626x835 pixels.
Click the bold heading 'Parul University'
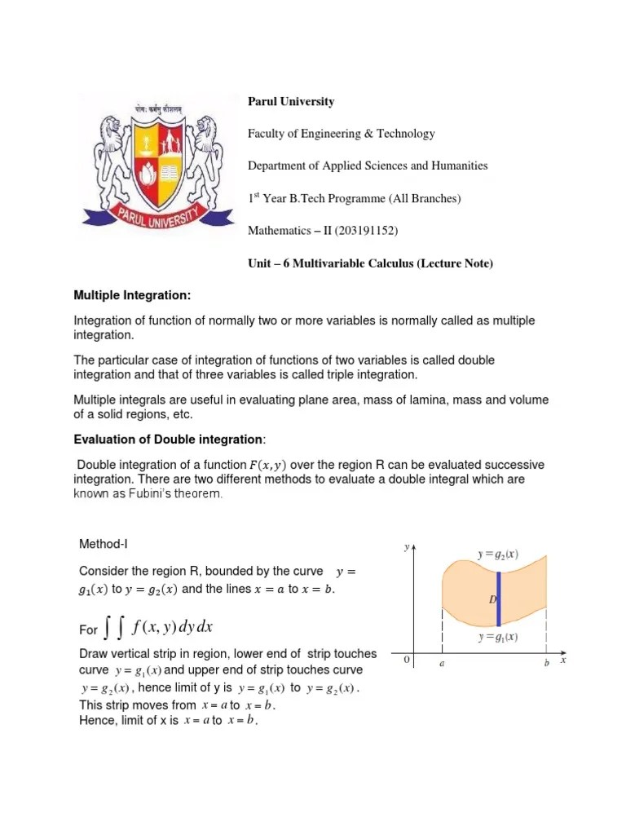point(291,102)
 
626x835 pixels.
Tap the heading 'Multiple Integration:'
point(134,294)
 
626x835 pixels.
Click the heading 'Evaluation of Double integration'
point(168,440)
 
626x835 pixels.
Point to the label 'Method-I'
point(104,544)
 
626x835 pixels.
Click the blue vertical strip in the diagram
point(498,599)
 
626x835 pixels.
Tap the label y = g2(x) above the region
point(497,555)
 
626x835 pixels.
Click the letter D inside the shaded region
point(492,600)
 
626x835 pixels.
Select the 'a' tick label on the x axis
point(442,665)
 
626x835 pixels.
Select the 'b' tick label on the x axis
point(547,665)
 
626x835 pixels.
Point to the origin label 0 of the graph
point(406,660)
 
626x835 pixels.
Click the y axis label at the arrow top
point(406,548)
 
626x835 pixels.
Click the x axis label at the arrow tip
point(563,660)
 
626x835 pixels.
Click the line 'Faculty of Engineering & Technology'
point(342,134)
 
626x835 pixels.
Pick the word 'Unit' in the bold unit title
point(260,263)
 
